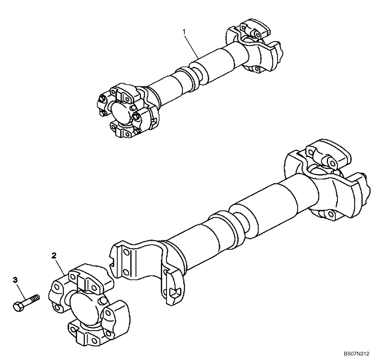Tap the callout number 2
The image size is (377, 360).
pyautogui.click(x=54, y=256)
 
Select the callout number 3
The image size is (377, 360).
pyautogui.click(x=15, y=279)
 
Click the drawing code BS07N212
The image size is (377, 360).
pyautogui.click(x=356, y=354)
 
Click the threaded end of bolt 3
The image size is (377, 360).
pyautogui.click(x=36, y=297)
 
